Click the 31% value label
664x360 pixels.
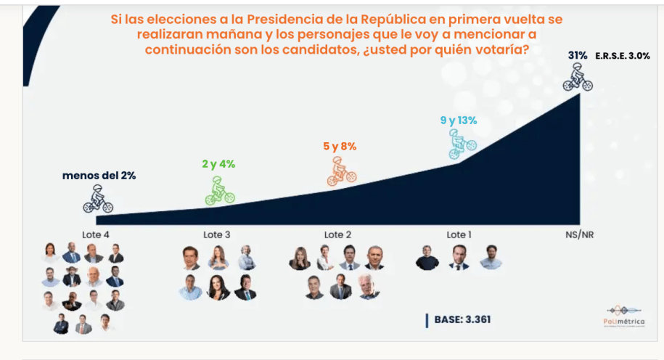pyautogui.click(x=578, y=55)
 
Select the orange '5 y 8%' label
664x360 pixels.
pyautogui.click(x=340, y=146)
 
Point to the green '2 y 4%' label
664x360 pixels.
pyautogui.click(x=218, y=164)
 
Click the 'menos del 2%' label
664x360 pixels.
pyautogui.click(x=99, y=175)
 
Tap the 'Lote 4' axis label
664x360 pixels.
pyautogui.click(x=96, y=234)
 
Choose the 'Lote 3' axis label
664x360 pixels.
pyautogui.click(x=217, y=234)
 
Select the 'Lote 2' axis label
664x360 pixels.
pyautogui.click(x=338, y=234)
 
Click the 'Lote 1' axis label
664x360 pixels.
pyautogui.click(x=458, y=234)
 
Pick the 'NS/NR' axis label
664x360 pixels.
pyautogui.click(x=578, y=234)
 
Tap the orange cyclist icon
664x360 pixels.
pyautogui.click(x=340, y=171)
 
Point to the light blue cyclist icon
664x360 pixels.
pyautogui.click(x=460, y=143)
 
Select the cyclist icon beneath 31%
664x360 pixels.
pyautogui.click(x=578, y=77)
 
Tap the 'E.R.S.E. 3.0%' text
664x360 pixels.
pyautogui.click(x=623, y=56)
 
